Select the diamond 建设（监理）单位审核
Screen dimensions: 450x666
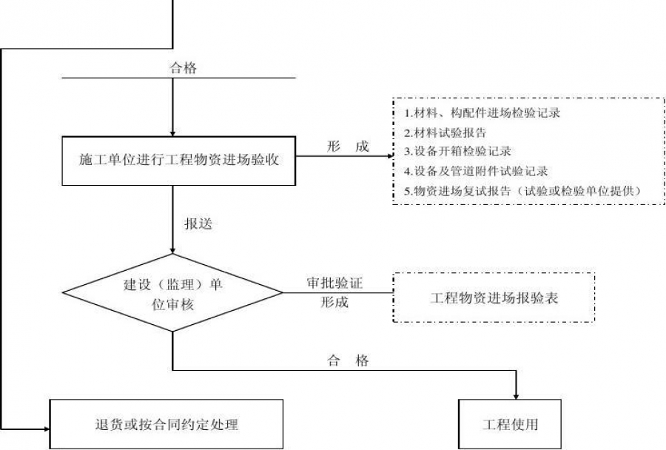[172, 293]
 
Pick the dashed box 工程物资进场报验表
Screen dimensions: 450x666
[494, 298]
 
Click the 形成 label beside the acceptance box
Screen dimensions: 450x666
[348, 147]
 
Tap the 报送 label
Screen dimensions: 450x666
[198, 224]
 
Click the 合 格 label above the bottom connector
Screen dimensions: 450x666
[348, 361]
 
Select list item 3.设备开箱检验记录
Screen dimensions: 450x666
[457, 152]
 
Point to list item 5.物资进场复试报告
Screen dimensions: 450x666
[522, 190]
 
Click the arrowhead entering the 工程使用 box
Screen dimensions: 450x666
[516, 394]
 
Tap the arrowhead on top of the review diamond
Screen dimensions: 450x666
[172, 252]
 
